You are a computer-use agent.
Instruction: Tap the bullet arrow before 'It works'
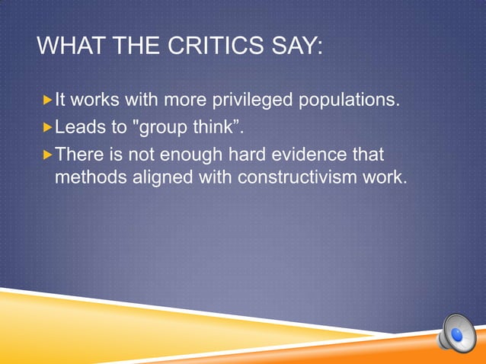pos(47,100)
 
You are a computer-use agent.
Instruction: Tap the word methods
pos(88,177)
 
